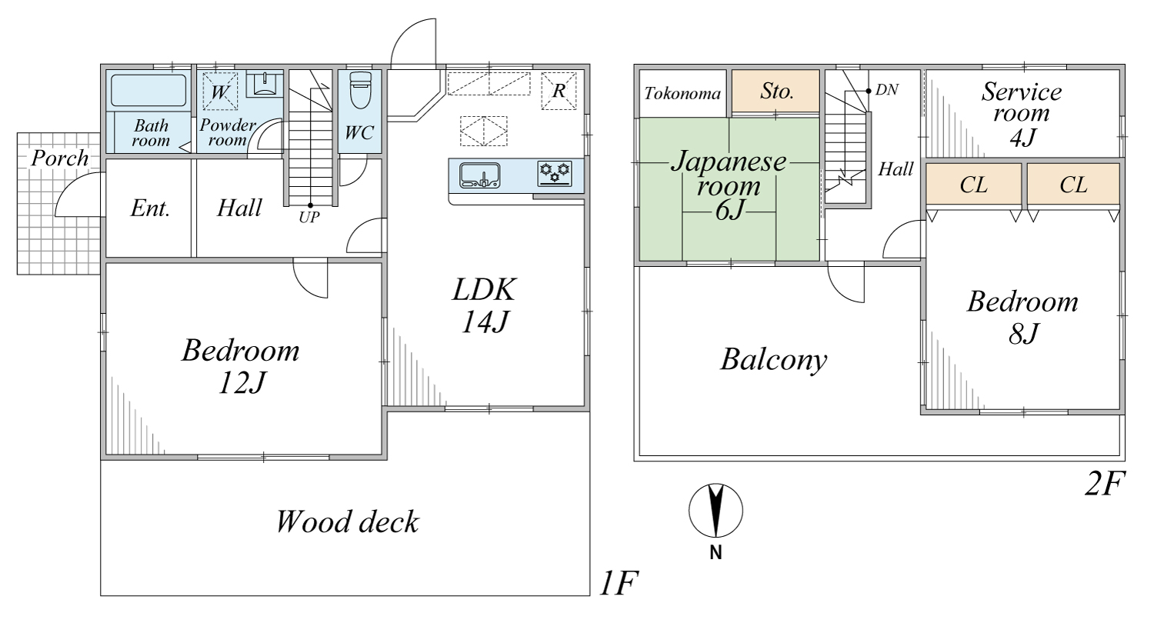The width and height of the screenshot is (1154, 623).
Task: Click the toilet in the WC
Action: click(360, 90)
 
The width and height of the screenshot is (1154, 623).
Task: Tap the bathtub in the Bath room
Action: click(148, 91)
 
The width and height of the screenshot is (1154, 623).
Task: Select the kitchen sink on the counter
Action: click(479, 175)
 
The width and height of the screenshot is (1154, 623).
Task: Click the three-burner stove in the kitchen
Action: click(555, 174)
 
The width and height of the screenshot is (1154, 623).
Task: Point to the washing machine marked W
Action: click(220, 92)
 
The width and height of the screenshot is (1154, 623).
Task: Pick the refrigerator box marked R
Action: click(559, 91)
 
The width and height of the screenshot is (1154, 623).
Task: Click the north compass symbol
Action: click(715, 511)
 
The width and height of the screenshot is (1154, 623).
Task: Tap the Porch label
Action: click(60, 158)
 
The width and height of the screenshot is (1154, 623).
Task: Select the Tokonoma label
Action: click(682, 94)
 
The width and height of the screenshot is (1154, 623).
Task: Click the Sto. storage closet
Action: click(775, 91)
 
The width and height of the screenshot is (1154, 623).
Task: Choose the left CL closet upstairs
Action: click(974, 184)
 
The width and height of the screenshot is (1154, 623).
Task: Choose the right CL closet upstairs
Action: click(1074, 184)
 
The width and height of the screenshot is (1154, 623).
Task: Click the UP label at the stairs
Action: click(309, 217)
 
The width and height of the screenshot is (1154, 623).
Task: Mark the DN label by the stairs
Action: click(886, 90)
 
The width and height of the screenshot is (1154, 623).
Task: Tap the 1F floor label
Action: click(619, 583)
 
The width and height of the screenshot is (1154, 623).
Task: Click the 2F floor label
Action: click(1105, 484)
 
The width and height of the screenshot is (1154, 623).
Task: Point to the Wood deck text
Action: click(347, 521)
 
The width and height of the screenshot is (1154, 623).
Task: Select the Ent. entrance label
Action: click(150, 208)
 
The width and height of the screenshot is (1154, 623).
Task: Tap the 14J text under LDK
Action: click(485, 321)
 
